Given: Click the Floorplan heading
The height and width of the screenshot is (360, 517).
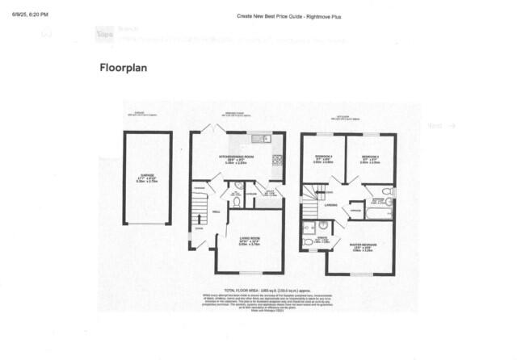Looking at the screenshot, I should coord(123,69).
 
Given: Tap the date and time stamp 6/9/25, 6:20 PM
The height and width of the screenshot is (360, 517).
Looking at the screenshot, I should coord(24,15).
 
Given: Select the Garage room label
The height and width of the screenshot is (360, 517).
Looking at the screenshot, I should coord(146,180).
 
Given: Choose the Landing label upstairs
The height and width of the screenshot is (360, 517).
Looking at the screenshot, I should coord(330,205).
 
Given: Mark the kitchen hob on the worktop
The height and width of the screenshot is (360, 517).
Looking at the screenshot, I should coord(279,158).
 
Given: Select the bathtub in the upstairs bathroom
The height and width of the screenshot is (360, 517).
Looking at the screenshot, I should coord(379,213).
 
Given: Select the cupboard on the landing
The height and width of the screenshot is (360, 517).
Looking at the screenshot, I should coord(355,210).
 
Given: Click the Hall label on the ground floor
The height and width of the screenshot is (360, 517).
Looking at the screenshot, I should coord(216,212).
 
